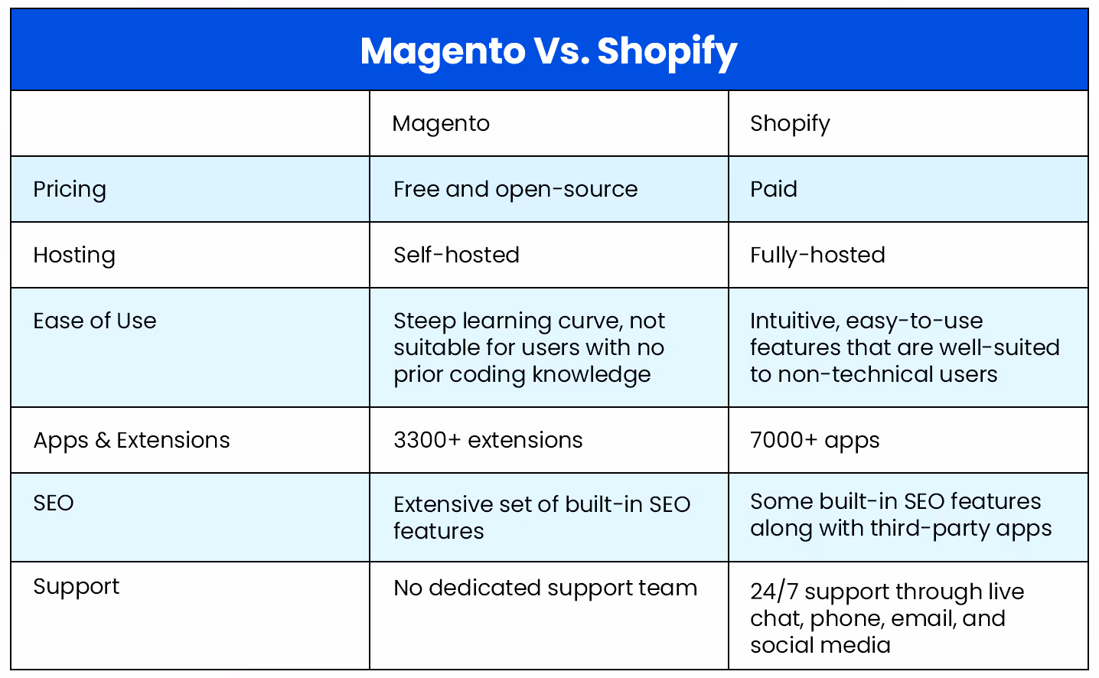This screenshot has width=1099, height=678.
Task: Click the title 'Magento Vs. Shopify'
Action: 549,51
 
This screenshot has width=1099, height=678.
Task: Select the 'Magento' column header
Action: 441,123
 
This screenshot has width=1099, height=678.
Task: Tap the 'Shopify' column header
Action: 790,123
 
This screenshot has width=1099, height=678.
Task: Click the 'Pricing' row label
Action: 70,189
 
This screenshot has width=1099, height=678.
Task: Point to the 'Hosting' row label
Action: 74,255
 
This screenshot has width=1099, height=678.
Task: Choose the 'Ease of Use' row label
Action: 95,321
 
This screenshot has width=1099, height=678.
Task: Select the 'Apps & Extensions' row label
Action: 132,440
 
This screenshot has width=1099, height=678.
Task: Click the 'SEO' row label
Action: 54,503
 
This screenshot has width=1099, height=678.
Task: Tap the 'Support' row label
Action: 77,586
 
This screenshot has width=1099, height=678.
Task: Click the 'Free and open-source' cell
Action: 515,189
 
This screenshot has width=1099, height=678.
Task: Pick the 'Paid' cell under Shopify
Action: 773,189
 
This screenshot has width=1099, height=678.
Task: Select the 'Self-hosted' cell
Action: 456,255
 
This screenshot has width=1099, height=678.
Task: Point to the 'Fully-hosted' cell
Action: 817,255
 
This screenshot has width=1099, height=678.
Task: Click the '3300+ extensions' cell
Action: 488,440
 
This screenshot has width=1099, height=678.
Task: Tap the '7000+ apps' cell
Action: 814,440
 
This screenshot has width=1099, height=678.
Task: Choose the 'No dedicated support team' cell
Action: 545,588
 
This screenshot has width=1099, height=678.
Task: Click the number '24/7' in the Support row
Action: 774,592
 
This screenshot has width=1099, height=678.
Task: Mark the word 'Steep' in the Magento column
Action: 425,321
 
